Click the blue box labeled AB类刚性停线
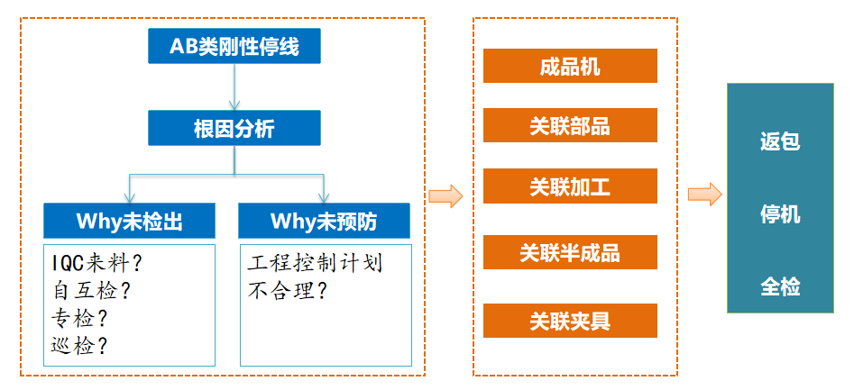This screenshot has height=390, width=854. pos(234,46)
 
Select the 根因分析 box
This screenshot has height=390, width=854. pos(234,128)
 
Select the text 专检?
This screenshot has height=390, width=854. pos(80,317)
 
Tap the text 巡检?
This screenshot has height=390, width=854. pos(80,345)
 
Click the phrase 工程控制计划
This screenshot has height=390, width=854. pos(315,263)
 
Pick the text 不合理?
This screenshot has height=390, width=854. pos(287,290)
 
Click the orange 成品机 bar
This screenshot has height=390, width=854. pos(570,66)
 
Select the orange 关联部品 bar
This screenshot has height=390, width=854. pos(570,125)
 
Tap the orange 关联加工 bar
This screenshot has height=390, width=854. pos(570,186)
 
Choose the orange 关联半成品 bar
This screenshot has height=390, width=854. pos(570,253)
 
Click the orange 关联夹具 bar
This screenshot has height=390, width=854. pos(570,321)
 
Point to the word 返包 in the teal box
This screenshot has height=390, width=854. pos(780,141)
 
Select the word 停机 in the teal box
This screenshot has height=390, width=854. pos(780,214)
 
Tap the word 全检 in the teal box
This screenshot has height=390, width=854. pos(780,286)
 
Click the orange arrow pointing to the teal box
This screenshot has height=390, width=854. pos(705,195)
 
